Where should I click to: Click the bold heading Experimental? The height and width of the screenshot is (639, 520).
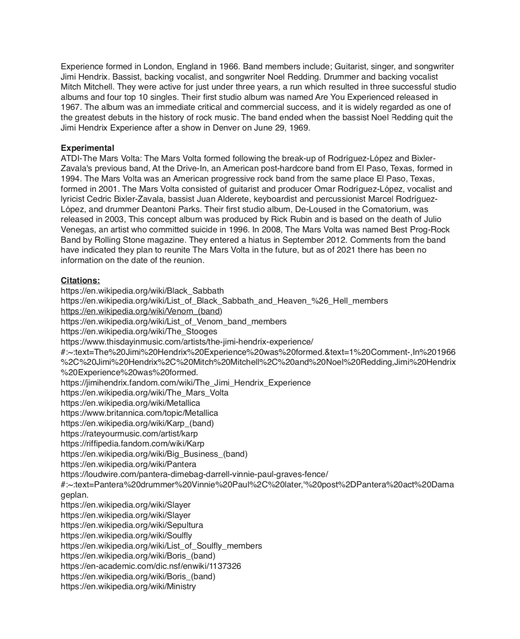tap(87, 148)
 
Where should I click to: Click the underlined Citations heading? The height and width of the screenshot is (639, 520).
tap(80, 281)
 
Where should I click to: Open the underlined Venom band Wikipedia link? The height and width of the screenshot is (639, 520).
tap(141, 311)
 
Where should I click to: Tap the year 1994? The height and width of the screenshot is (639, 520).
tap(70, 179)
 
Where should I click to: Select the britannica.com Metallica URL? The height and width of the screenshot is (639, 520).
tap(139, 413)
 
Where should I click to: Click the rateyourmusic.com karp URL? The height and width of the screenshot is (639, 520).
tap(129, 434)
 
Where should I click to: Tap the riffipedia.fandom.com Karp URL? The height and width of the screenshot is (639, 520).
tap(132, 444)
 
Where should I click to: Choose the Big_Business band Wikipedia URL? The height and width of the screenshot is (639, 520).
tap(154, 454)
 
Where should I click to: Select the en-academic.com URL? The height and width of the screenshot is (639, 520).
tap(151, 566)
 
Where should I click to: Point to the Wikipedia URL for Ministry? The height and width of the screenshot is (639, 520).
tap(128, 587)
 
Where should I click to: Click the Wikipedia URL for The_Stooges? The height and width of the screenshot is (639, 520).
tap(139, 332)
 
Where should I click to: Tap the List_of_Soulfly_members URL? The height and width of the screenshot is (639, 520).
tap(161, 546)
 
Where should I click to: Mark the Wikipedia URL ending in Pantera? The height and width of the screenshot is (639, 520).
tap(128, 464)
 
